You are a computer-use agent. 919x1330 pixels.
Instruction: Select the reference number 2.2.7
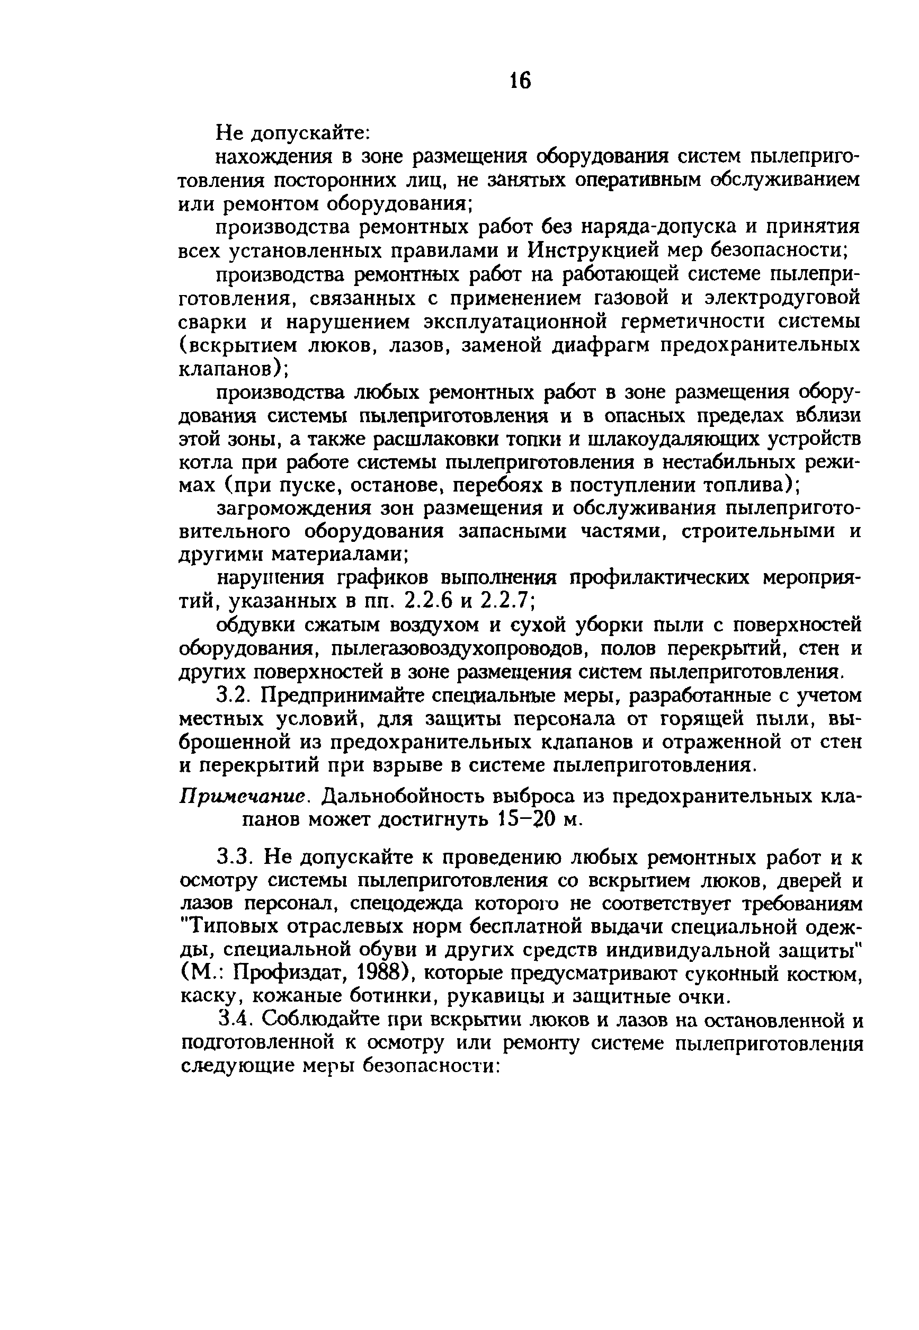[503, 602]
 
